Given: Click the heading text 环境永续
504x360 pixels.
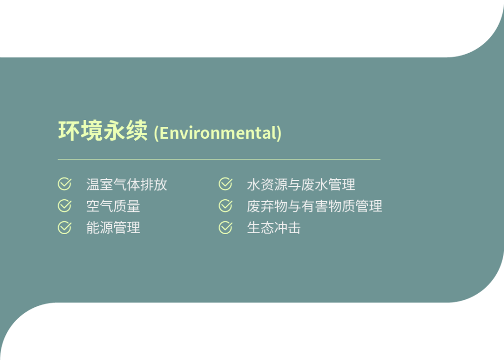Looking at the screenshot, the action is tap(102, 131).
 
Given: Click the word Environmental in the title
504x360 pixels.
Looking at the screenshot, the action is tap(218, 133).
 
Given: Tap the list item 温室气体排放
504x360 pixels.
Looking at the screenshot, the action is tap(126, 184).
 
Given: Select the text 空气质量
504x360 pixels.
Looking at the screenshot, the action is tap(113, 206).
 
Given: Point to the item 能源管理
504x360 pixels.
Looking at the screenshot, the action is tap(113, 228).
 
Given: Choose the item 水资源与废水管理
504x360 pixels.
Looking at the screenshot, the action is tap(301, 184).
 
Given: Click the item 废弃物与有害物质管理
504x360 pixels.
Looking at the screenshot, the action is tap(315, 206).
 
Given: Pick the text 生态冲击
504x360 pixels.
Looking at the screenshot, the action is tap(274, 228).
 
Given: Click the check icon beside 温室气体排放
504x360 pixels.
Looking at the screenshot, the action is tap(64, 184).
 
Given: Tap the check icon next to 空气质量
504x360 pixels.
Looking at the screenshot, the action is tap(64, 206).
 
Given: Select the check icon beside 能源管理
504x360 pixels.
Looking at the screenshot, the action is tap(64, 228).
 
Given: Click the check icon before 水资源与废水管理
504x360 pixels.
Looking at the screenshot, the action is tap(225, 184).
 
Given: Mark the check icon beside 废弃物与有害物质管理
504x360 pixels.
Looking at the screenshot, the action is tap(225, 206).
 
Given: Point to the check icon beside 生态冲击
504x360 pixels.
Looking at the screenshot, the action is tap(225, 228).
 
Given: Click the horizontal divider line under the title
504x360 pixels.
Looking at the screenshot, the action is tap(219, 159).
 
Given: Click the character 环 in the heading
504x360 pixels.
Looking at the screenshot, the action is tap(69, 131).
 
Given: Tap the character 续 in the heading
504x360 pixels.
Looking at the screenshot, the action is tap(137, 131).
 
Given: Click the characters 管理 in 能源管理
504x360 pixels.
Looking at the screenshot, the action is tap(126, 228).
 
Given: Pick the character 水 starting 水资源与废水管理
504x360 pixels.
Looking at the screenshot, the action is tap(253, 184).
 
